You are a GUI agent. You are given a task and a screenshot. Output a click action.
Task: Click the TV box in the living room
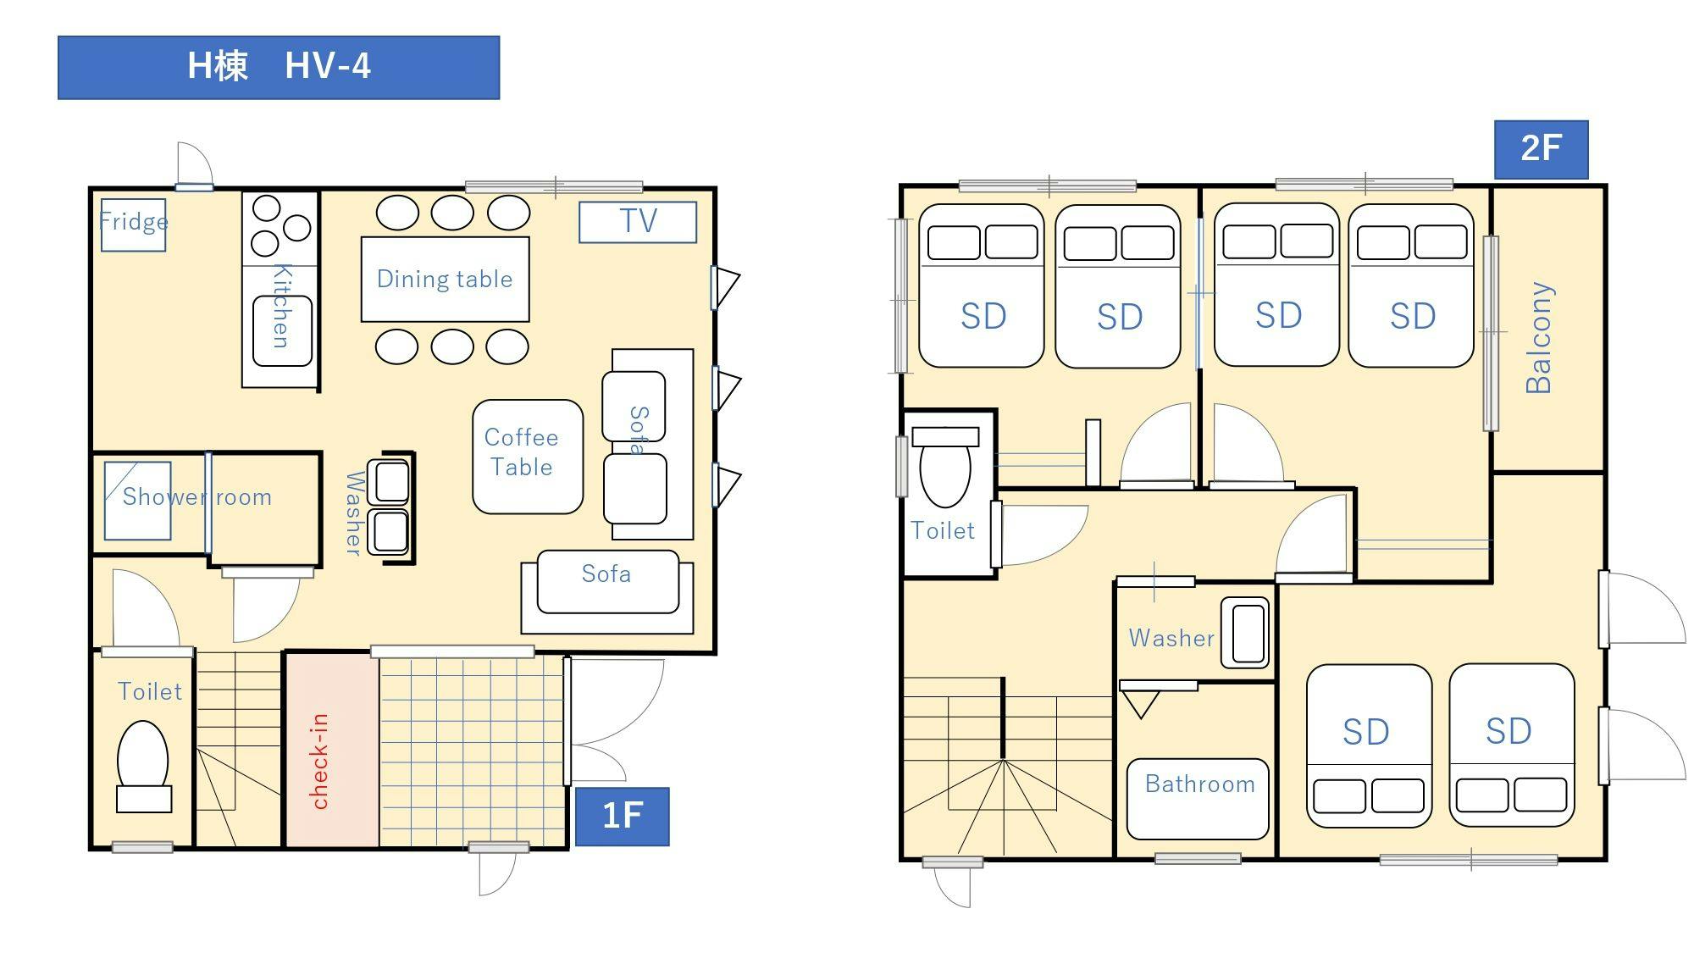pyautogui.click(x=638, y=222)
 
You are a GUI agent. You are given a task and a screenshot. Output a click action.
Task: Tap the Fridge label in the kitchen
pyautogui.click(x=134, y=222)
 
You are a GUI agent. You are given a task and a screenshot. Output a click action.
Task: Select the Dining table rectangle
pyautogui.click(x=446, y=279)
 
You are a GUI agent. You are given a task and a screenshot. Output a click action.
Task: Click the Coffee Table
pyautogui.click(x=528, y=457)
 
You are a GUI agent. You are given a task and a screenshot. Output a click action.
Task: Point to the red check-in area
pyautogui.click(x=332, y=751)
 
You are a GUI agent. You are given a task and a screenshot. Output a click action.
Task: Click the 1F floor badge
pyautogui.click(x=623, y=817)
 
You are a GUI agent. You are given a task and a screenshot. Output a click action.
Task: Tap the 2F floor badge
pyautogui.click(x=1541, y=149)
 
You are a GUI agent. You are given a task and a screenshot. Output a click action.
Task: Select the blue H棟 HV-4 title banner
pyautogui.click(x=279, y=67)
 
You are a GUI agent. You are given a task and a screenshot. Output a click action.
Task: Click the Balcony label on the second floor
pyautogui.click(x=1539, y=337)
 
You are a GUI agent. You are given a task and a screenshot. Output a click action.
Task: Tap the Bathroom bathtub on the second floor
pyautogui.click(x=1198, y=799)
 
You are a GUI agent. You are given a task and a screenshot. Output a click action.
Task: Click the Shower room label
pyautogui.click(x=197, y=496)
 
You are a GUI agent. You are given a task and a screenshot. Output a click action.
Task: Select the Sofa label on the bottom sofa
pyautogui.click(x=606, y=573)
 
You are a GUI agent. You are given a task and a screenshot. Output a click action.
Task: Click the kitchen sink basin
pyautogui.click(x=282, y=330)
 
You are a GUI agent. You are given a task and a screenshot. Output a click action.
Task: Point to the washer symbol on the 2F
pyautogui.click(x=1245, y=632)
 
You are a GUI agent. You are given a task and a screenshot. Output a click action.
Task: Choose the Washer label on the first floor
pyautogui.click(x=355, y=513)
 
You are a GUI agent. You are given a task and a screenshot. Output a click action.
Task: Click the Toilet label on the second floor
pyautogui.click(x=943, y=530)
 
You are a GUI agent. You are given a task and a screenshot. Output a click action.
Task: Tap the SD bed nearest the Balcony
pyautogui.click(x=1411, y=285)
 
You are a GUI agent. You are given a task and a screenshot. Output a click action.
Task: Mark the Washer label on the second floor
pyautogui.click(x=1171, y=638)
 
